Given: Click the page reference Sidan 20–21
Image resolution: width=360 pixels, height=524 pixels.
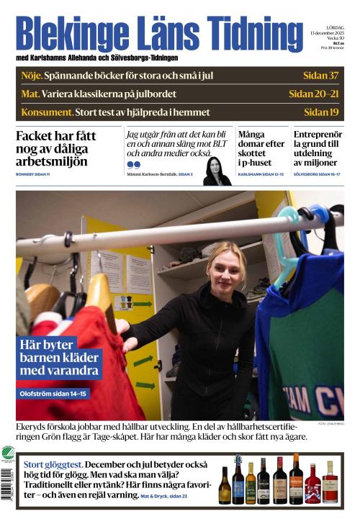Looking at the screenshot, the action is coord(313,94).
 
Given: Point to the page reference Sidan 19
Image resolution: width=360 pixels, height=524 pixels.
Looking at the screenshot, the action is coord(321,112).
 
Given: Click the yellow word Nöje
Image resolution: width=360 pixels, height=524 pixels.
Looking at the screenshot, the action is coord(31,76).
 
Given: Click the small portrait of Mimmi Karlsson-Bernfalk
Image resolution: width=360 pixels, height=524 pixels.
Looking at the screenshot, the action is coord(217,171).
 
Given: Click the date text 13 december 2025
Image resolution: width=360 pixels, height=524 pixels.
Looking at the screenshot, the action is coord(328,33).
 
